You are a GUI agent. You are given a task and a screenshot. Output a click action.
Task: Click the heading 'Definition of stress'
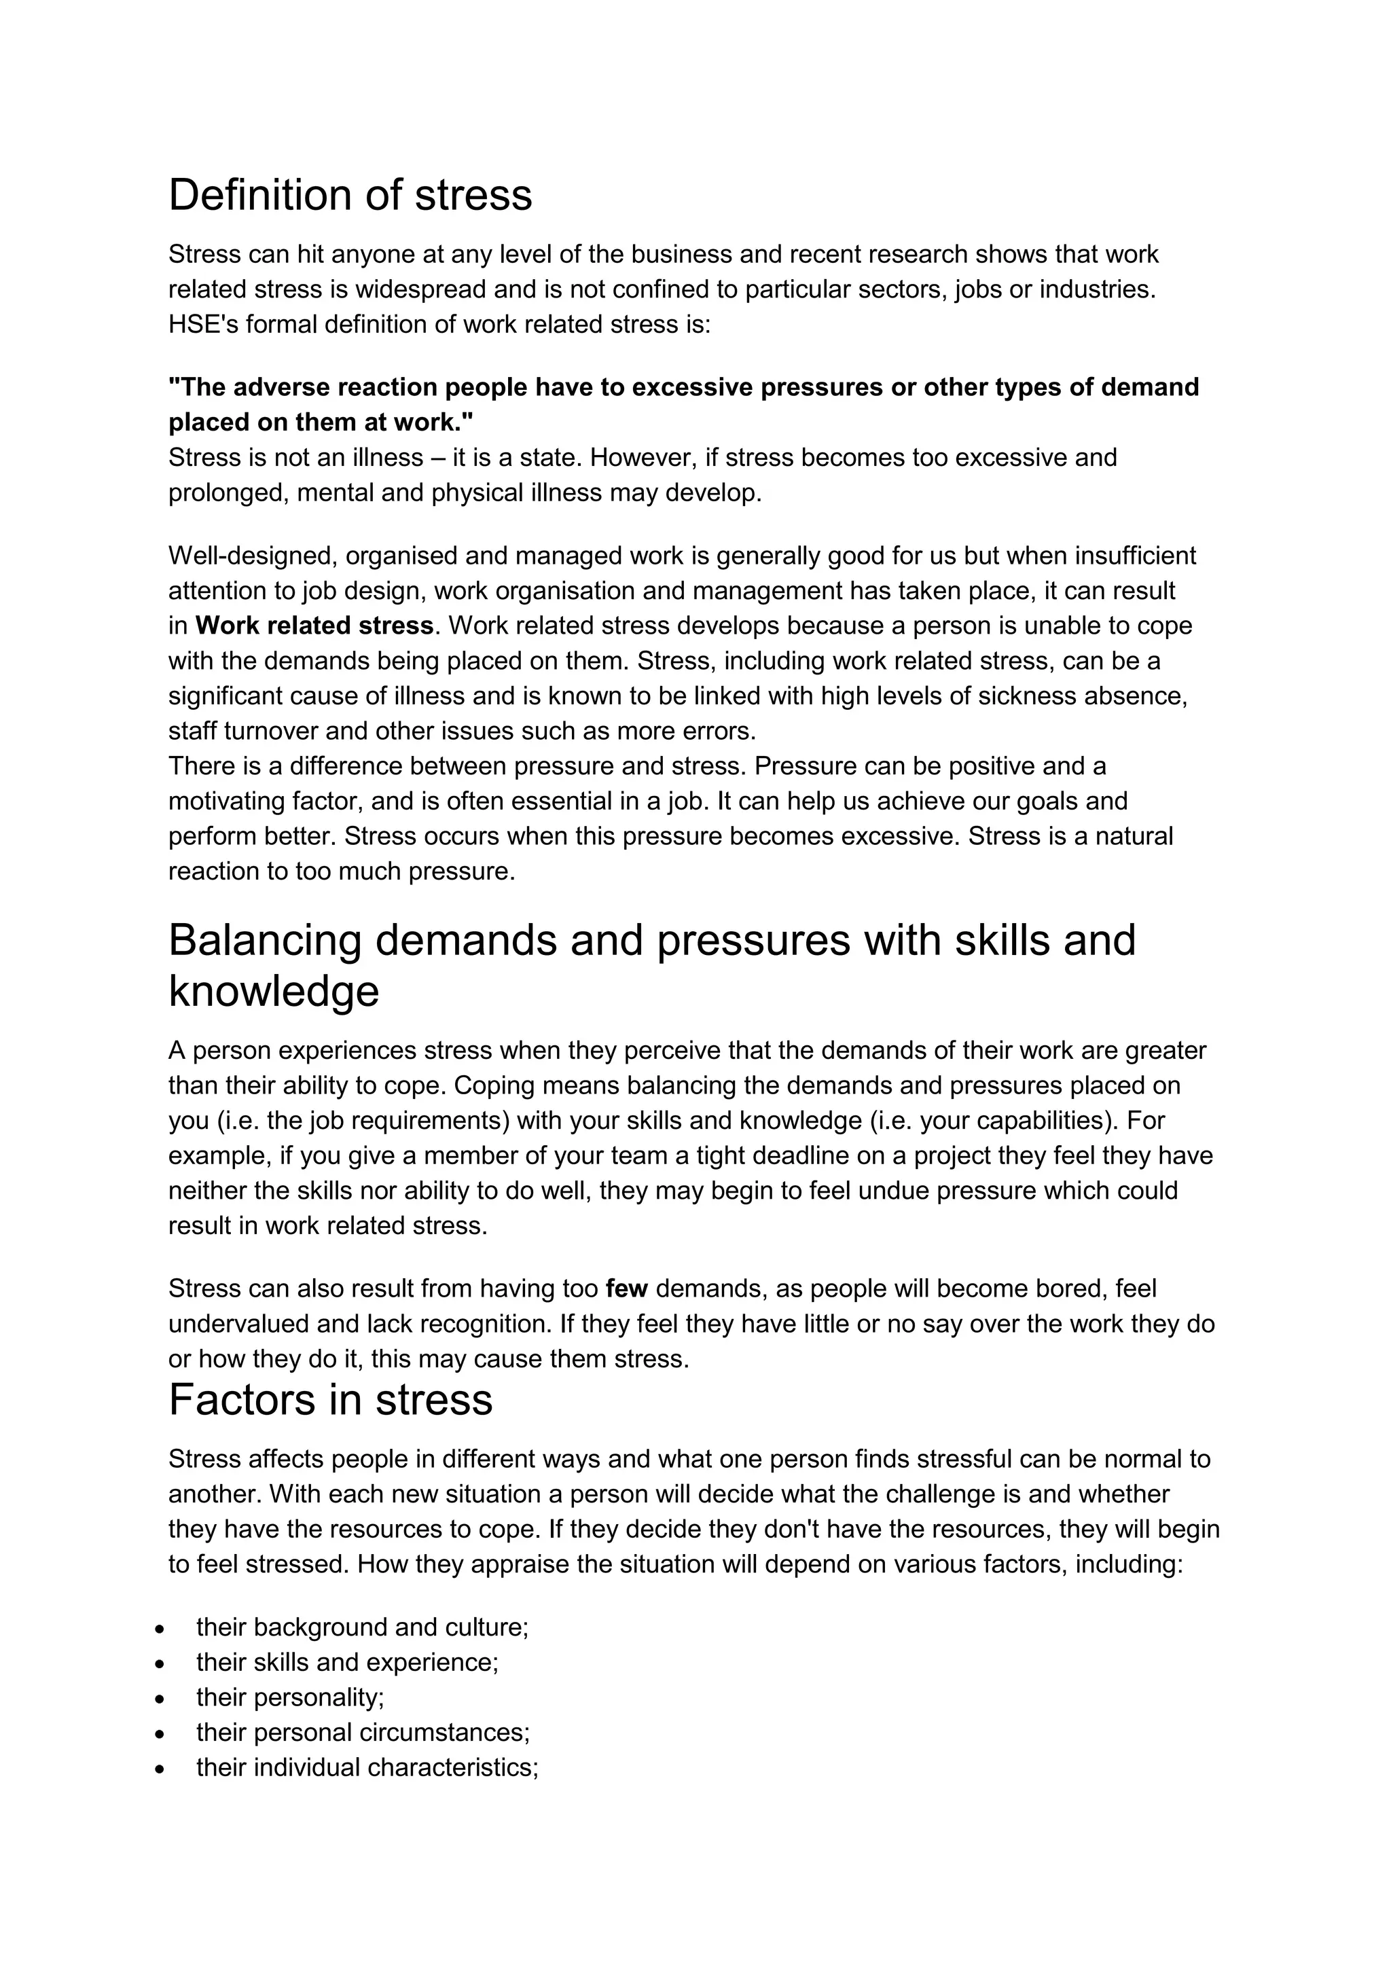(350, 196)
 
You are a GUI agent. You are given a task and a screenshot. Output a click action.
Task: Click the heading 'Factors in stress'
(330, 1400)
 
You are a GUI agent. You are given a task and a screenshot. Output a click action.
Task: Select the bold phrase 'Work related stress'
(314, 626)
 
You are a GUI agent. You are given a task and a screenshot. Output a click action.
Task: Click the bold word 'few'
(626, 1288)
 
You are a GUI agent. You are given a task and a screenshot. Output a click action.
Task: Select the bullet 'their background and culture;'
(361, 1627)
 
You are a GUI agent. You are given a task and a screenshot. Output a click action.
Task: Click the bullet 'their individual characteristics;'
(367, 1767)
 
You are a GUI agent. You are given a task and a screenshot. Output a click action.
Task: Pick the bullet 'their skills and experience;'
(347, 1662)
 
